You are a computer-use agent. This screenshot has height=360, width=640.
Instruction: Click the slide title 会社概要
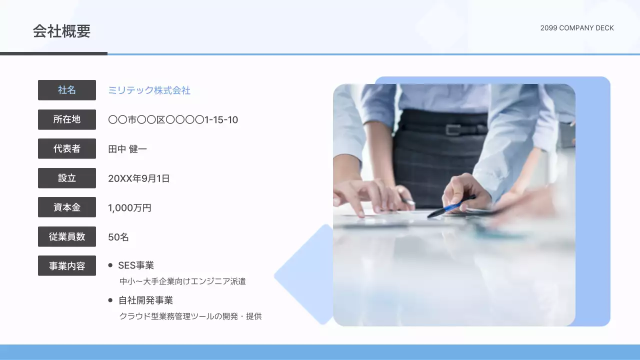coord(61,31)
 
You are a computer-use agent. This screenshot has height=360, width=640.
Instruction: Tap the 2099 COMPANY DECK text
coord(576,28)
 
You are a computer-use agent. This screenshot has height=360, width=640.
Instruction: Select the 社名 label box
coord(67,90)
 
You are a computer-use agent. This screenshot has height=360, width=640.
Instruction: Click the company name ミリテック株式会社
coord(149,90)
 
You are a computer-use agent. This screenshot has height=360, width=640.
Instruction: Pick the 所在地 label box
coord(67,119)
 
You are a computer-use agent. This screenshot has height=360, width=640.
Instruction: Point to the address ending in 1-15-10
coord(173,120)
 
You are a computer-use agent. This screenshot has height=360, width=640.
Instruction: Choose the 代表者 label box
coord(67,148)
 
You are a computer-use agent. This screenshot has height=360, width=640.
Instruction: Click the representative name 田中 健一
coord(127,149)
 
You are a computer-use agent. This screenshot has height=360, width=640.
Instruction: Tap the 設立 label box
coord(67,178)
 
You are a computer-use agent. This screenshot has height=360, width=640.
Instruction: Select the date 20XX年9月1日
coord(138,178)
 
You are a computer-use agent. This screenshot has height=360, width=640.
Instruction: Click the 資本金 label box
coord(67,207)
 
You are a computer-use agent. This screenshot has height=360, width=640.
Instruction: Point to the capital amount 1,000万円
coord(129,208)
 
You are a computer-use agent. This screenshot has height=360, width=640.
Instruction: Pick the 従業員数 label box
coord(67,236)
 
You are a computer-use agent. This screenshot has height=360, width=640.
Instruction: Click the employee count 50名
coord(118,237)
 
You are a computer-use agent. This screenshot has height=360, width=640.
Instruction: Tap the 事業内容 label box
coord(67,265)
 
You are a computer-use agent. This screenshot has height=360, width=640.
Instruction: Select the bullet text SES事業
coord(136,265)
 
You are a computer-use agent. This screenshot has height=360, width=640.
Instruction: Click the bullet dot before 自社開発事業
coord(110,300)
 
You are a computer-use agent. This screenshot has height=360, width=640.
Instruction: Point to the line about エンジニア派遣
coord(182,281)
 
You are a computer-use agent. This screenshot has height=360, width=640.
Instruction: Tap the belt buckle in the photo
coord(453,129)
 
